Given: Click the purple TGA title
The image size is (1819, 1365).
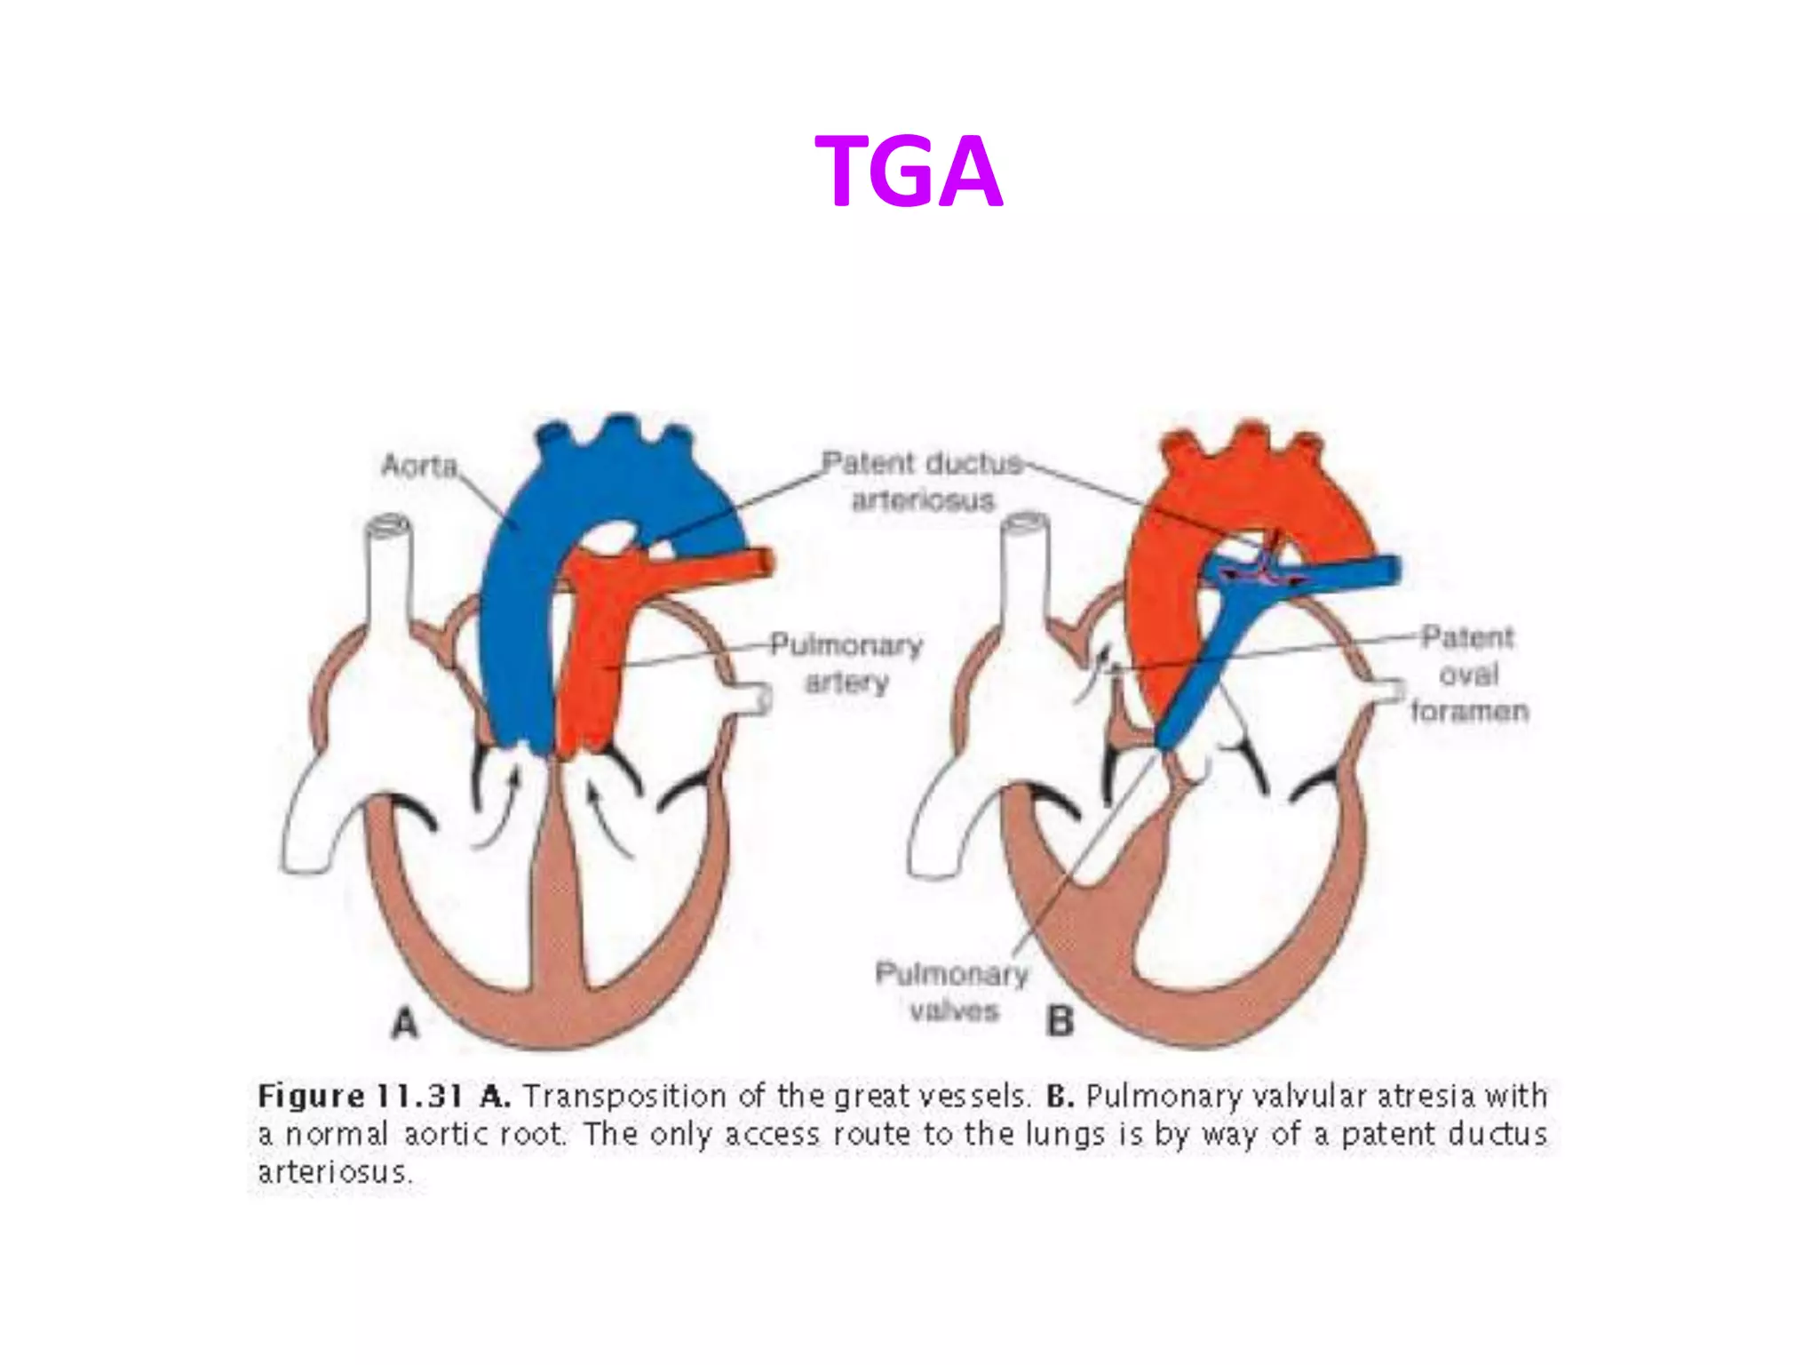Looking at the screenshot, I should point(909,172).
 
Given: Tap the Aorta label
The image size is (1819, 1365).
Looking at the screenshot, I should point(419,465).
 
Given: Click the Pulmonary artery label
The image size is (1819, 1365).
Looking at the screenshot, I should point(846,663).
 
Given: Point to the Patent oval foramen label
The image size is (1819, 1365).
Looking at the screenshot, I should point(1469,675).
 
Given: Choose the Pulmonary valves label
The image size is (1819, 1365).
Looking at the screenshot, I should point(952,992).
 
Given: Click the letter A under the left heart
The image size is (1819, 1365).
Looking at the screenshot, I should point(405,1024).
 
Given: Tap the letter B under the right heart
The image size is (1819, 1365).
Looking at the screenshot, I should point(1060,1022).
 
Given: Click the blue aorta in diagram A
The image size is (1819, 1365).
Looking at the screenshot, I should point(520,622).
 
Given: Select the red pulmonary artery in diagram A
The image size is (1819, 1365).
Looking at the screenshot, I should point(591,658).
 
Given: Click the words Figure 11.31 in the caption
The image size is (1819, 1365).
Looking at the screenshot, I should point(361,1096).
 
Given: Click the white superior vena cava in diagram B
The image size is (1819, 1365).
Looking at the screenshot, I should point(1026,587).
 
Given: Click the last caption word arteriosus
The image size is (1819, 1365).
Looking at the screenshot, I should point(335,1172).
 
